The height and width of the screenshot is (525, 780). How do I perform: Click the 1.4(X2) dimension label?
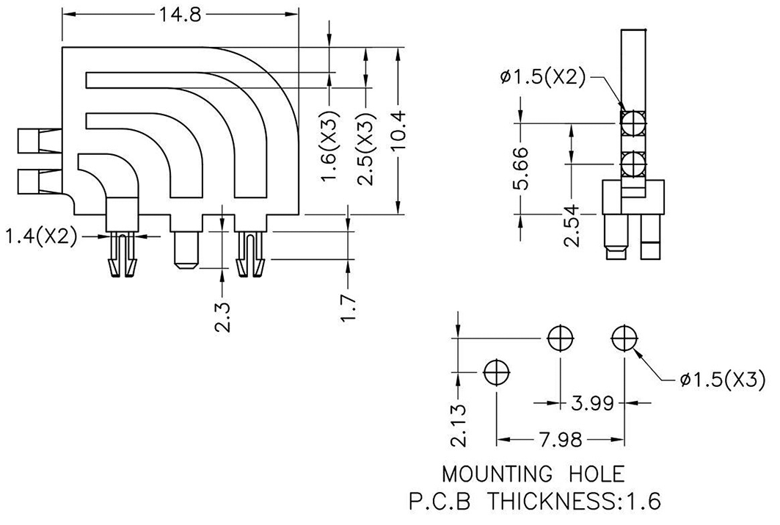[x=41, y=236]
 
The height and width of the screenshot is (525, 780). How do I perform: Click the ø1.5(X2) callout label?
[x=544, y=76]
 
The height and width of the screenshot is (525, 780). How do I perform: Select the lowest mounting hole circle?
[x=497, y=372]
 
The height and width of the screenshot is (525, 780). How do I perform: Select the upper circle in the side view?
[x=632, y=123]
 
